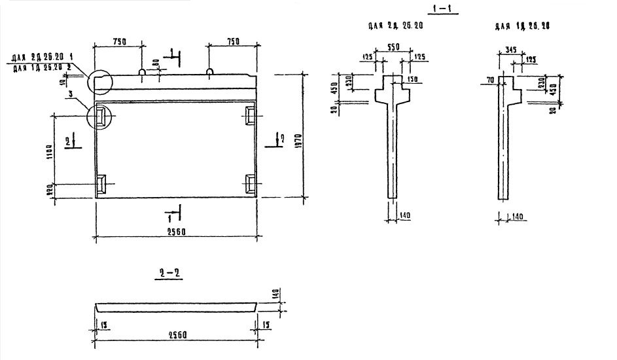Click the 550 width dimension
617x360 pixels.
pos(393,48)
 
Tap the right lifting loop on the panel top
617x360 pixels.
pos(209,69)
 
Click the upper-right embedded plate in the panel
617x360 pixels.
pos(250,115)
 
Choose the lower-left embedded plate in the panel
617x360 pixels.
pos(103,185)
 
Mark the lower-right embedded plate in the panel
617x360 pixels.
pos(250,185)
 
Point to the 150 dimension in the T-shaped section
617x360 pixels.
pos(411,80)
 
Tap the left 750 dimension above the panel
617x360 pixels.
pos(119,41)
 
